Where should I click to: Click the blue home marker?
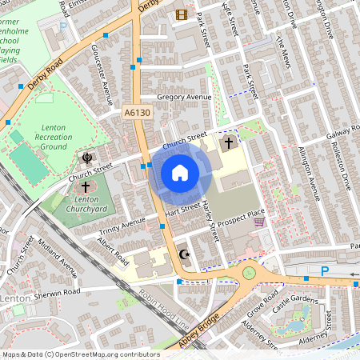pos(180,172)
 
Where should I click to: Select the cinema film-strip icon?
pos(182,14)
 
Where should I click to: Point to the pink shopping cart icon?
pos(258,223)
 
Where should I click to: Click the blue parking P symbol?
pos(325,272)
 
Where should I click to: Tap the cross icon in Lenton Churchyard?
pos(86,186)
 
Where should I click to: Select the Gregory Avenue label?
pos(184,97)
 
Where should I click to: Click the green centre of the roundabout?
pos(250,273)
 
